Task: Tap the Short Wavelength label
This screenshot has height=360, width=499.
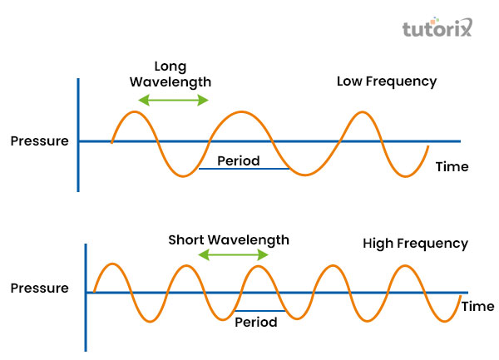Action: coord(229,239)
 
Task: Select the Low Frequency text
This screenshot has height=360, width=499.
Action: coord(387,81)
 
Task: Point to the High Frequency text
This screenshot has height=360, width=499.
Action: coord(416,244)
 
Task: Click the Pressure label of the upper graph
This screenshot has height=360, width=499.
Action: coord(39,141)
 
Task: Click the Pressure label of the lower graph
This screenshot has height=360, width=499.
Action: coord(39,288)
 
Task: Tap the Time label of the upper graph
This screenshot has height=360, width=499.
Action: coord(452,166)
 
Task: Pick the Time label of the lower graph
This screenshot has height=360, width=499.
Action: coord(477,306)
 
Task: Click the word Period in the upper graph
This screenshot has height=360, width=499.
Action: coord(238,160)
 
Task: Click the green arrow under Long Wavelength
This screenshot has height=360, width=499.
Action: coord(173,100)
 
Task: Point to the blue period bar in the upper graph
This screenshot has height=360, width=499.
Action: coord(243,170)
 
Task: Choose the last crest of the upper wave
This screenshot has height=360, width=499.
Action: coord(362,112)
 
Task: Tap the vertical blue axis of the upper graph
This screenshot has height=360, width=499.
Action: coord(78,133)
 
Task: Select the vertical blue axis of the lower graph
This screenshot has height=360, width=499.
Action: coord(86,295)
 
